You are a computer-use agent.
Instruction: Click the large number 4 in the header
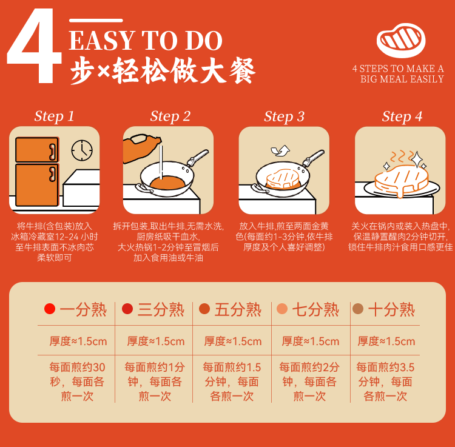tap(34, 45)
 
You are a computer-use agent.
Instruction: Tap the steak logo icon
tap(401, 40)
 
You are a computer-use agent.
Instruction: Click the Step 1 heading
tap(54, 116)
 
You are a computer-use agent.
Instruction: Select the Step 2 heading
tap(170, 116)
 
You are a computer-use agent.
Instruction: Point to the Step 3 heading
tap(284, 116)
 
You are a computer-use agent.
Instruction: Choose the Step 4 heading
tap(402, 116)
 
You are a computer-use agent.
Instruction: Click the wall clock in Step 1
tap(82, 150)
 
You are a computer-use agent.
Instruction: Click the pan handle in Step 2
tap(198, 158)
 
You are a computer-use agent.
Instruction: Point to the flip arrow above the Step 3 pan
tap(280, 150)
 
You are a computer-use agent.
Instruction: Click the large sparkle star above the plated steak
tap(417, 159)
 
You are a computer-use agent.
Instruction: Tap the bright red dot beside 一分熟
tap(50, 309)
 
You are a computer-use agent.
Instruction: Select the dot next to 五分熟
tap(204, 309)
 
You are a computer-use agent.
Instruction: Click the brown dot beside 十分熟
tap(358, 309)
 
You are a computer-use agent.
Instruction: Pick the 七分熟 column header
tap(315, 309)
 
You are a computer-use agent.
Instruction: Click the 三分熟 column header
tap(161, 309)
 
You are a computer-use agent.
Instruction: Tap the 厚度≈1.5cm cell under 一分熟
tap(78, 341)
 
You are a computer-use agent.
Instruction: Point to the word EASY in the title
tap(102, 41)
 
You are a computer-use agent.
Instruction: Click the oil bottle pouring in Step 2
tap(141, 148)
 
